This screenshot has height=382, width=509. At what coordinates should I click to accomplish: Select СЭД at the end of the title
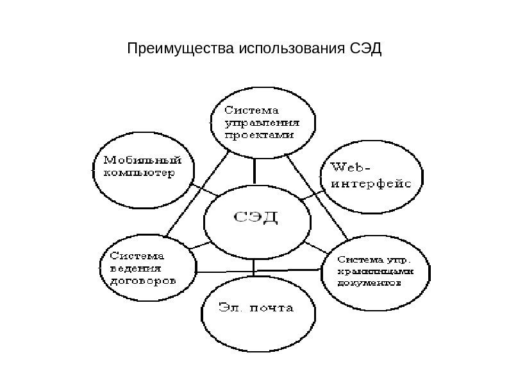pyautogui.click(x=366, y=49)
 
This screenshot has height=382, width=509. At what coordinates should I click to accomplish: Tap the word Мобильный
pyautogui.click(x=138, y=161)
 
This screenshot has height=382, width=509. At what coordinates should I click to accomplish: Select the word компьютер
pyautogui.click(x=138, y=174)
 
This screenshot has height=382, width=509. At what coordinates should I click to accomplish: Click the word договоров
pyautogui.click(x=139, y=281)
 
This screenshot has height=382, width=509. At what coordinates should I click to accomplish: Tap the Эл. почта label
pyautogui.click(x=256, y=308)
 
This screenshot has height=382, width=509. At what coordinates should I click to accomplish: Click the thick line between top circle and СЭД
pyautogui.click(x=255, y=172)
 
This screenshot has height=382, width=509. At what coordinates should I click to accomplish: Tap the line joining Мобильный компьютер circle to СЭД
pyautogui.click(x=204, y=191)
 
